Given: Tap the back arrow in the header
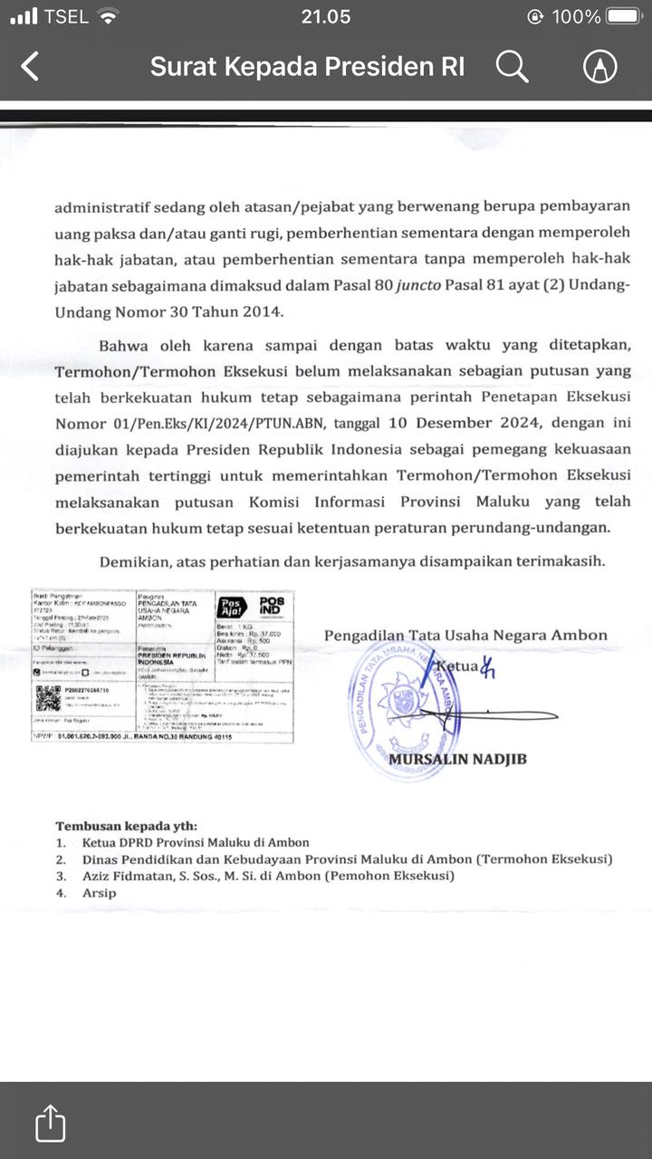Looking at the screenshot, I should click(31, 66).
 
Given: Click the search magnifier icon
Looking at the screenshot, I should click(512, 66).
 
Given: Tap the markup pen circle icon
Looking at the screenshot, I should click(599, 66).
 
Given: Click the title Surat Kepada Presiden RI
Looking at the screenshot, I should click(307, 66).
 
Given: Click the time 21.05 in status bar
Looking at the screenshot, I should click(326, 16).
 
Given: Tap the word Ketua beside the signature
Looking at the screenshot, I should click(456, 668).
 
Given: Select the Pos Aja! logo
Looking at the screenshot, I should click(231, 608).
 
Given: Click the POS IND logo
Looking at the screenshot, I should click(271, 607).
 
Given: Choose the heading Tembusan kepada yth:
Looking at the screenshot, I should click(126, 826).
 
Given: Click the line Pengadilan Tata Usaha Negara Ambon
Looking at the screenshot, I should click(465, 635).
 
